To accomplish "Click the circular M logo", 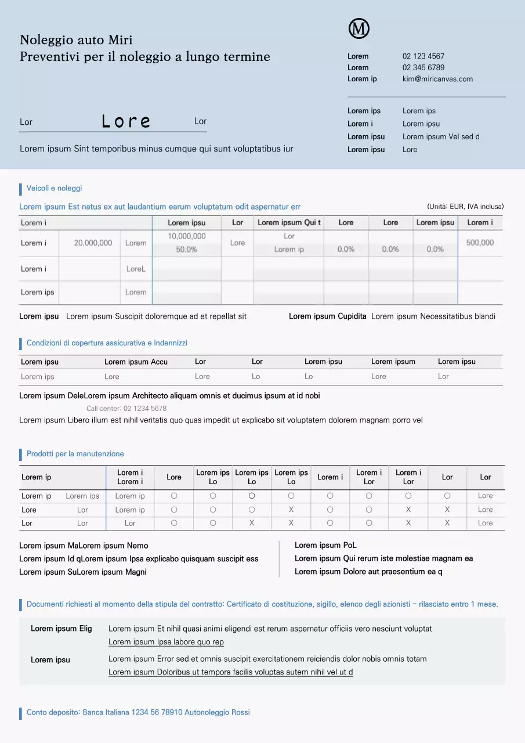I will point(359,28).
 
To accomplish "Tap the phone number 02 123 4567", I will point(423,56).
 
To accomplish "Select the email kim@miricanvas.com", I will point(437,79).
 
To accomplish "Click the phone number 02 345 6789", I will point(423,67).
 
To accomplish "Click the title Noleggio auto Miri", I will point(76,40).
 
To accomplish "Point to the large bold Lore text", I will point(126,121).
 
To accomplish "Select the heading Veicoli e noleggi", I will point(54,188).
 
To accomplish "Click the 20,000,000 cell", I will point(93,243).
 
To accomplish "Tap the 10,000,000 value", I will point(186,236).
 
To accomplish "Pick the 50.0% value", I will point(186,250).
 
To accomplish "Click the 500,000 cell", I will point(480,243).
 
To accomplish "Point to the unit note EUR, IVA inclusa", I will point(465,207).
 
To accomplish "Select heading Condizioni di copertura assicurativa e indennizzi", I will point(107,343).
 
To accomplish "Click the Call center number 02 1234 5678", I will point(126,409).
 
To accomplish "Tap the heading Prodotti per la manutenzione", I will point(75,454).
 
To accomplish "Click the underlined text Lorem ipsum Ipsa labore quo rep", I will point(166,642).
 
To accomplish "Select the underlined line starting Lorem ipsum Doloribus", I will point(230,672).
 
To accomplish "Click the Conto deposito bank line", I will point(138,712).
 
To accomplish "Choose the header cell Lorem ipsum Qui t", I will point(289,222).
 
